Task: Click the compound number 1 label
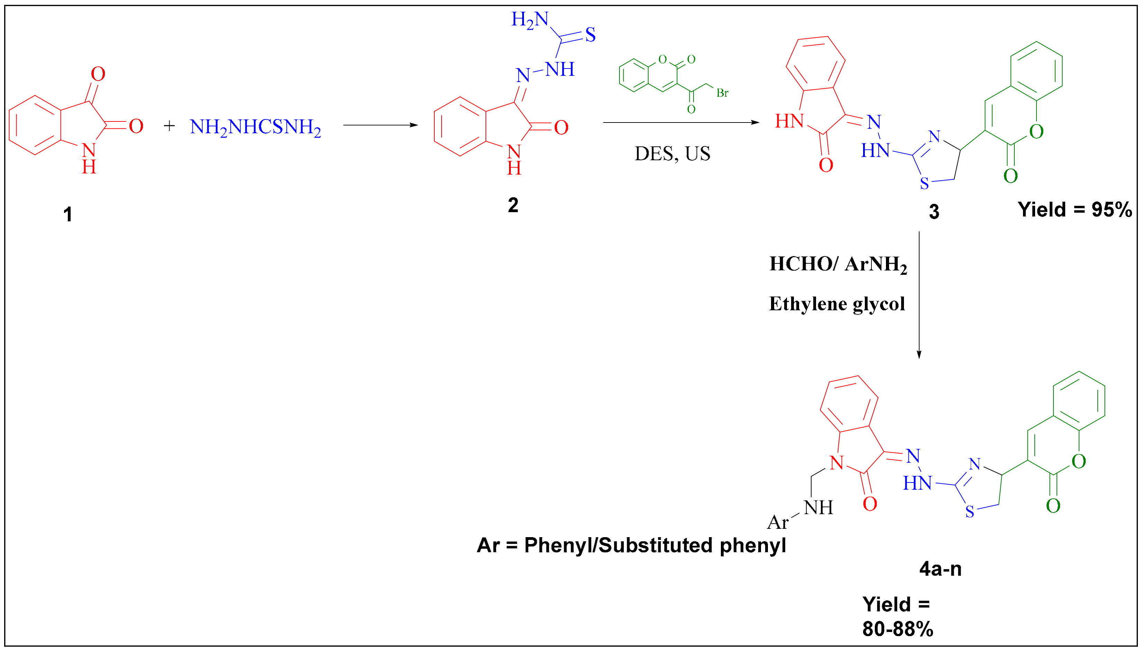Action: click(x=67, y=215)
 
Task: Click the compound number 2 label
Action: click(x=513, y=205)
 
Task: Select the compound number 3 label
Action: click(x=934, y=212)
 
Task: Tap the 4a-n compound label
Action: click(x=940, y=569)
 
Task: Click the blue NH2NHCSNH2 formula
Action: click(x=255, y=127)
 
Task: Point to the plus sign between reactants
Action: click(x=169, y=126)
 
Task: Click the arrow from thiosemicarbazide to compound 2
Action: click(x=380, y=125)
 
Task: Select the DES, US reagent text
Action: click(x=672, y=154)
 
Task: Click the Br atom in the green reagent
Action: click(x=722, y=93)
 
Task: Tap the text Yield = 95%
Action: click(x=1075, y=210)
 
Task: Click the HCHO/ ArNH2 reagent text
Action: click(x=838, y=264)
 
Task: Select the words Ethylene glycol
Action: click(x=836, y=304)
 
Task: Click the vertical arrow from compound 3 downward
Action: click(x=919, y=295)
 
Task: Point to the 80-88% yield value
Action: click(x=898, y=629)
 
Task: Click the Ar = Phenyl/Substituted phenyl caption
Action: click(x=631, y=545)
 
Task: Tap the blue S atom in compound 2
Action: click(x=590, y=35)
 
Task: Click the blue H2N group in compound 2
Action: click(x=530, y=20)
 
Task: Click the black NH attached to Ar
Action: click(x=818, y=508)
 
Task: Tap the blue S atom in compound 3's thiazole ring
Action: click(x=924, y=183)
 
